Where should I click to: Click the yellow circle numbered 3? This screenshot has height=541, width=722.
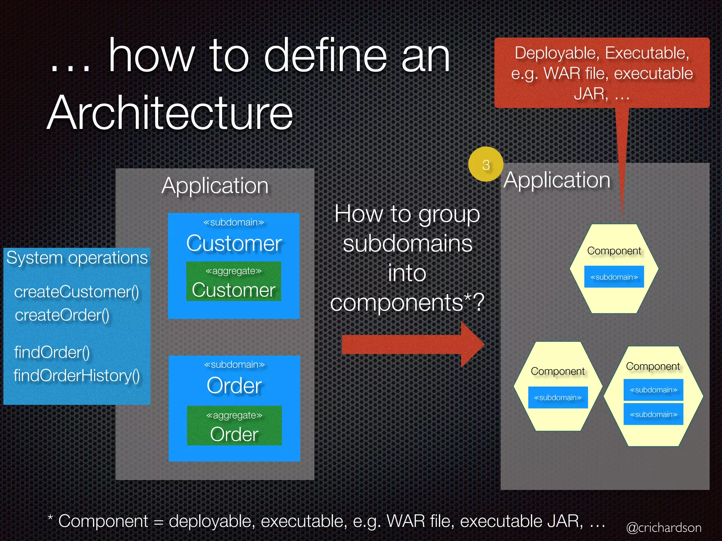point(486,164)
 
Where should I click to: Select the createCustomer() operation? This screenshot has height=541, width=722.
point(77,292)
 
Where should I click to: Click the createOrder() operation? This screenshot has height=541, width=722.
point(62,315)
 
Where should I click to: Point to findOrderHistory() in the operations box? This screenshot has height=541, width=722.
point(77,375)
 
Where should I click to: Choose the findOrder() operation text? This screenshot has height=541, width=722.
point(52,352)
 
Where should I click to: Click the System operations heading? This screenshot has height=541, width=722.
point(77,258)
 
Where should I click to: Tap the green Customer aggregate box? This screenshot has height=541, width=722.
point(233,281)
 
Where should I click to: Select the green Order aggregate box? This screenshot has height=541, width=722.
point(234,425)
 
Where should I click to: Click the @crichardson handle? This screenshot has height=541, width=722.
point(664,528)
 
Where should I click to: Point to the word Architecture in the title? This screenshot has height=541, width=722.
point(170,113)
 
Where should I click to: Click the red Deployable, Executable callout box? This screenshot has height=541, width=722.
point(602,73)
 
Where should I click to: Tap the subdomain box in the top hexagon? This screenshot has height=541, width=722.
point(614,277)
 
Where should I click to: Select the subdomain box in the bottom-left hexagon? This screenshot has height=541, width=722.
point(558,398)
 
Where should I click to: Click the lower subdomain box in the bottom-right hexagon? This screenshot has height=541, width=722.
point(653,415)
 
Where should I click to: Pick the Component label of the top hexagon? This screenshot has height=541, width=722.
point(614,251)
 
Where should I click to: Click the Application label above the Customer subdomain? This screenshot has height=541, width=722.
point(215,186)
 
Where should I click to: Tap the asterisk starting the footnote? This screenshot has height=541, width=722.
point(50,518)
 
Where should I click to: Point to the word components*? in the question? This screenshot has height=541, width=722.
point(407,302)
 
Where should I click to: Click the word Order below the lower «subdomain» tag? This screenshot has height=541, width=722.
point(234,385)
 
